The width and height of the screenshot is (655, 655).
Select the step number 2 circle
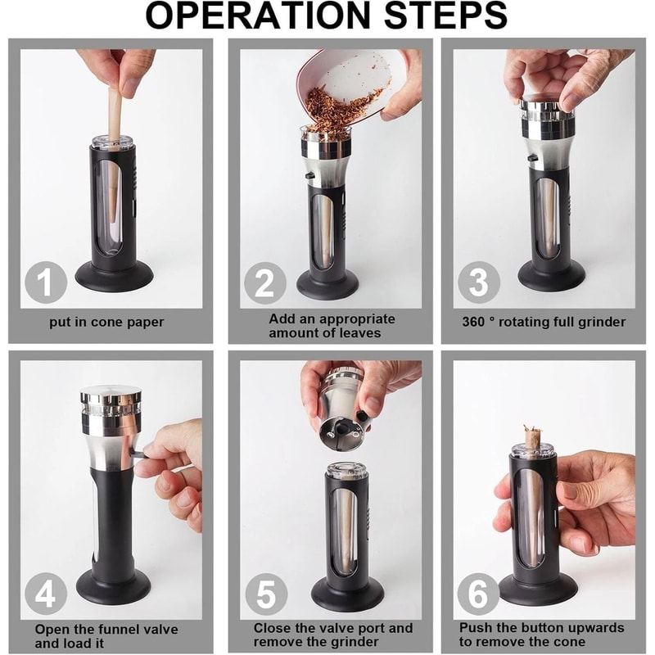(x=263, y=283)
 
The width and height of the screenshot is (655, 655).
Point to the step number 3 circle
(x=478, y=283)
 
